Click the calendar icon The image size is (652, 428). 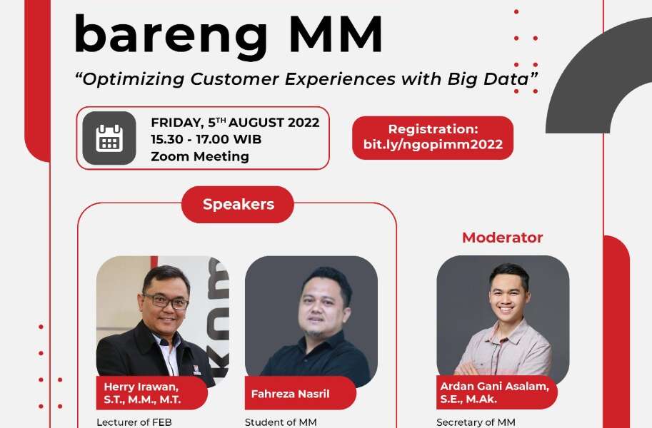[109, 138]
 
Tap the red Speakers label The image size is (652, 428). [238, 205]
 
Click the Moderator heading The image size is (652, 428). [502, 238]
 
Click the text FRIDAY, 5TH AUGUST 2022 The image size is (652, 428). [235, 123]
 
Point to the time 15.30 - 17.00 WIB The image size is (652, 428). [206, 139]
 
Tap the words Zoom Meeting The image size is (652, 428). [200, 156]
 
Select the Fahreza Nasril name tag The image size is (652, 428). [293, 393]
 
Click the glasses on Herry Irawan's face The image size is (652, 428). [166, 301]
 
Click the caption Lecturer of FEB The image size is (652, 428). [134, 422]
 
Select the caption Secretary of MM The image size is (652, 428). [475, 422]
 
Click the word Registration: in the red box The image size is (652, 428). [433, 129]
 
